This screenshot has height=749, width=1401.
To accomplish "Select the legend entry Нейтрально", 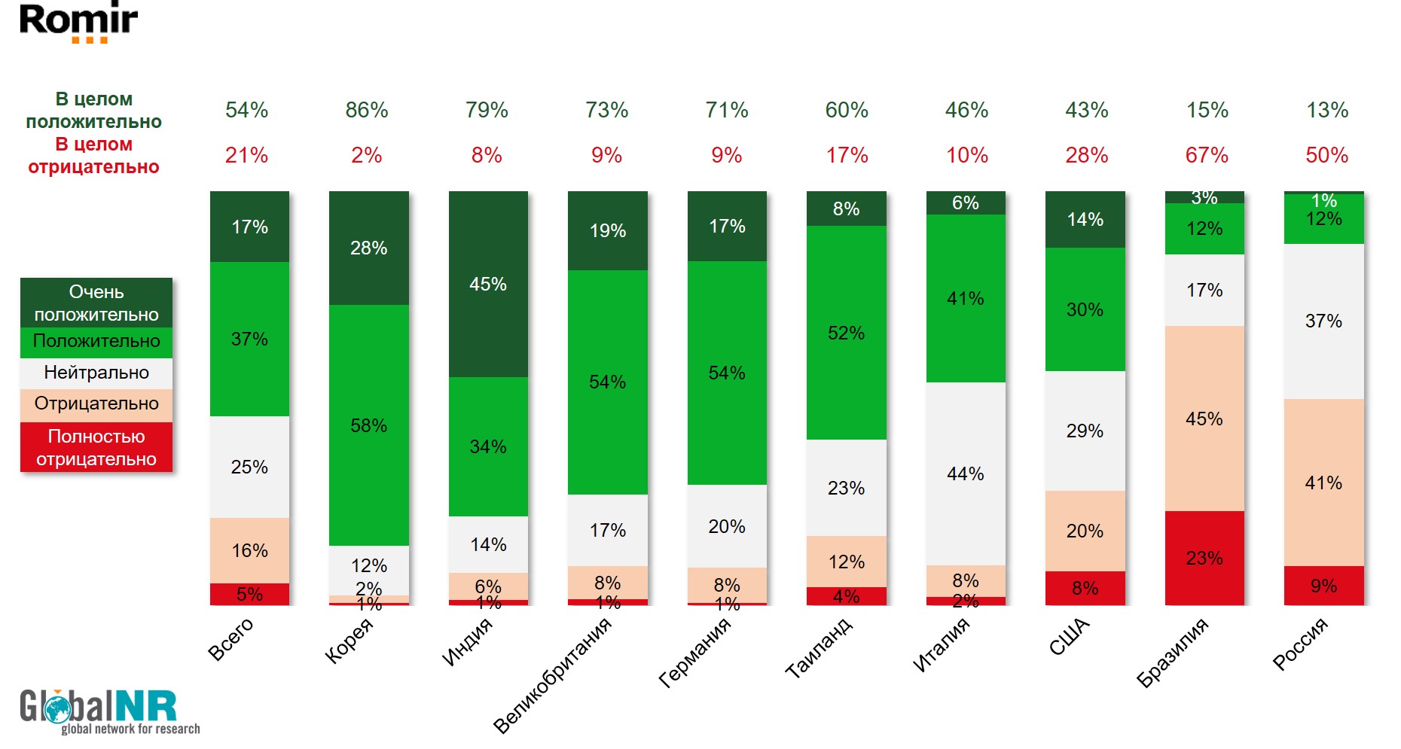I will [96, 373].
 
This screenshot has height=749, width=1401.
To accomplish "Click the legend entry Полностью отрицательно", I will [96, 447].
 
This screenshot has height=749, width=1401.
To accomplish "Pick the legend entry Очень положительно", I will [96, 303].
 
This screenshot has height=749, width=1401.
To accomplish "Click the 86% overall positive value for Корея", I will [367, 111].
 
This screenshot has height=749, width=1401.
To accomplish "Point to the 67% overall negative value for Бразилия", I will [1207, 156].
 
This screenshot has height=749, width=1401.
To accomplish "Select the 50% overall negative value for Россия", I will [1326, 156].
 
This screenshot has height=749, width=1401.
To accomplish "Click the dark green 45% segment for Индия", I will [488, 285].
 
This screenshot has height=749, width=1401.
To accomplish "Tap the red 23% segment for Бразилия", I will [1204, 558].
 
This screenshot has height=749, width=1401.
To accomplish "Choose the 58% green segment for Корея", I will [369, 425].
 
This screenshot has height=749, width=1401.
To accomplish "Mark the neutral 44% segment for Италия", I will [966, 473].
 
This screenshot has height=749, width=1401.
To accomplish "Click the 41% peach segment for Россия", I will [1323, 483].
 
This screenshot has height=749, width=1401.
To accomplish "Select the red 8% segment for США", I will [1085, 588].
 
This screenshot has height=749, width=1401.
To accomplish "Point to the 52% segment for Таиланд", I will [846, 333].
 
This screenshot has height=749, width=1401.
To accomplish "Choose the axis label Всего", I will [231, 639].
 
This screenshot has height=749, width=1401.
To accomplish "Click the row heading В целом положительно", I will [94, 111].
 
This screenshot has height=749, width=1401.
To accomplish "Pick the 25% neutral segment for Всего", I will [249, 467].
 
